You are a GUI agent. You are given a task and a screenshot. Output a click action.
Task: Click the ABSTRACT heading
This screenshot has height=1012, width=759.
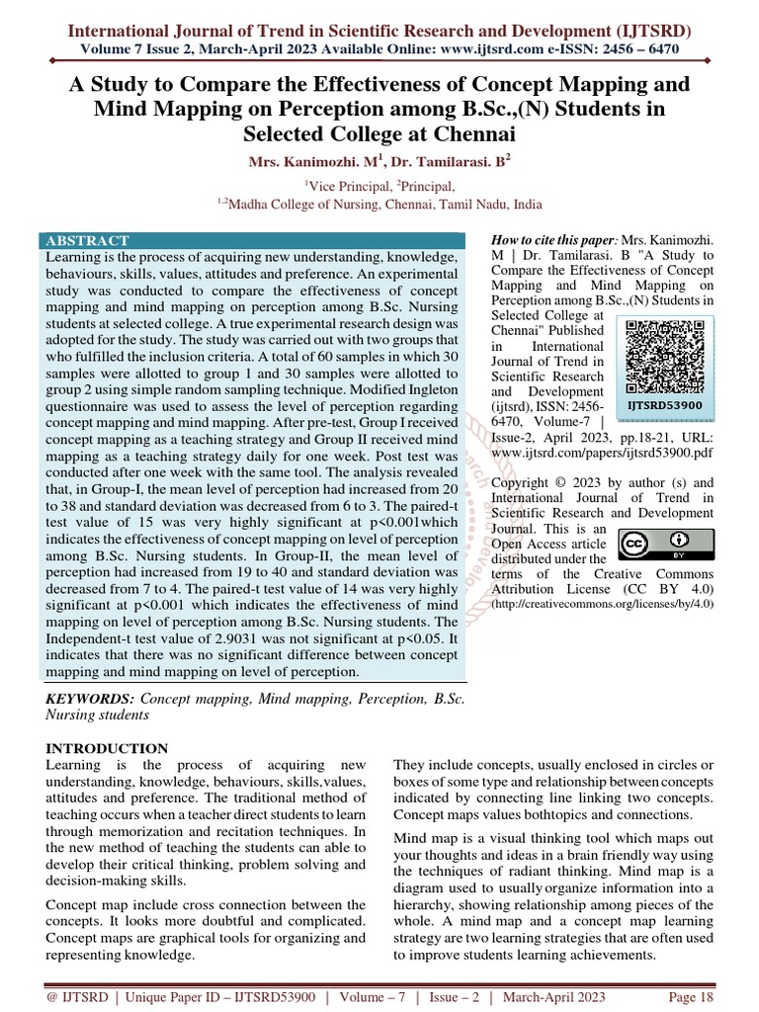(87, 240)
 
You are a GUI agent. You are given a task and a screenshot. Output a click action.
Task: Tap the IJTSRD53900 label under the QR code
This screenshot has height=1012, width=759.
(664, 405)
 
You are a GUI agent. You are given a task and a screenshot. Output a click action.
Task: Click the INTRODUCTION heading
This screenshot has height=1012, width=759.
(107, 748)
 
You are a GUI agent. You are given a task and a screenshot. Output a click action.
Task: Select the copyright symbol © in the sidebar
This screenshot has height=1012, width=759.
(556, 483)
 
